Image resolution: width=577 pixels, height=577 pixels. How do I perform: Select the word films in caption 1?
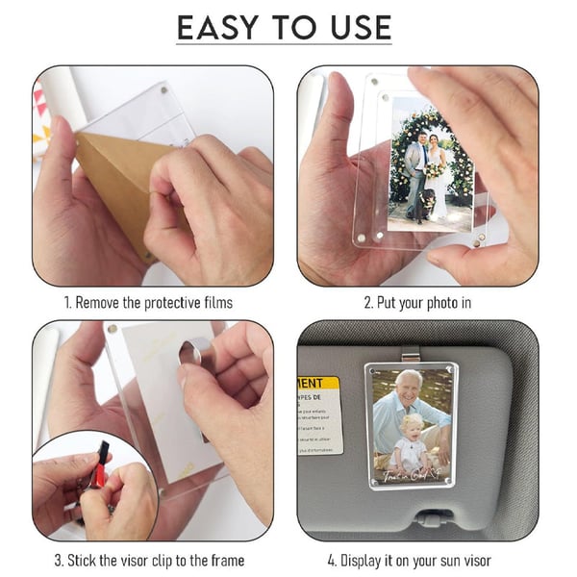(216, 303)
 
